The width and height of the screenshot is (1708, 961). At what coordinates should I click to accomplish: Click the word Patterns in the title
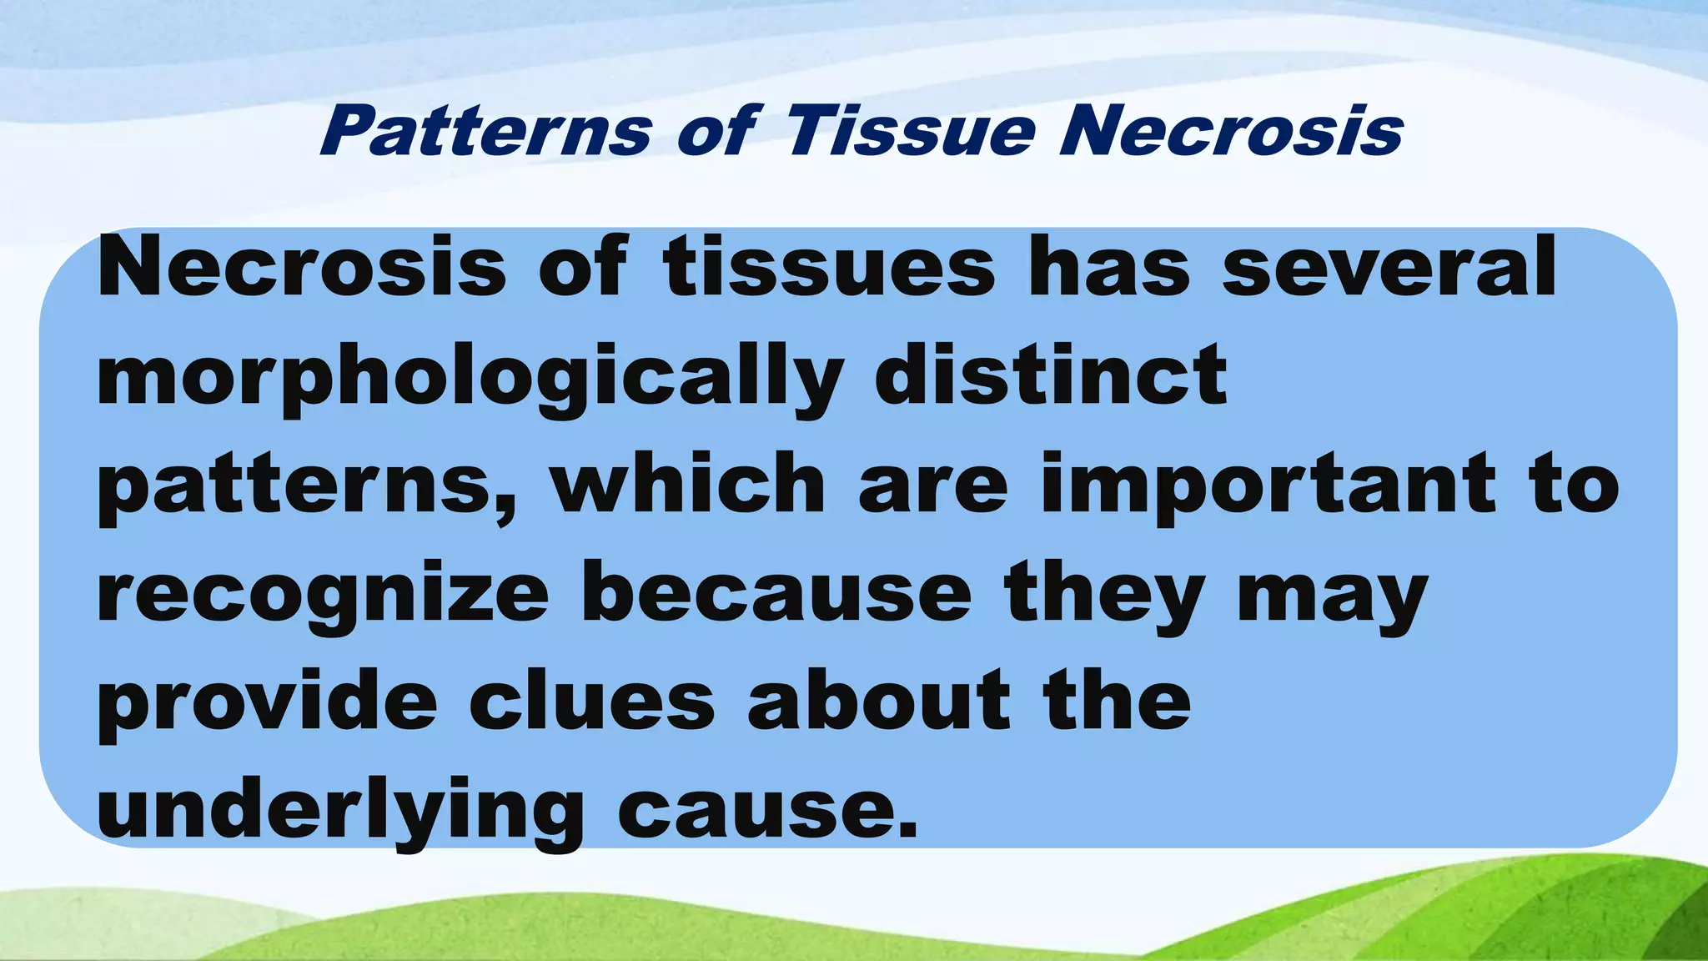coord(485,131)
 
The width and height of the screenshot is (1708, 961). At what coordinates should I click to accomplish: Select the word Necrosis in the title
coord(1231,131)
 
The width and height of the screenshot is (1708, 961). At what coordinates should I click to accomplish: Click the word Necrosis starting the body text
coord(302,267)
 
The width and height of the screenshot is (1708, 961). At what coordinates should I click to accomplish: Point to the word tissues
coord(829,267)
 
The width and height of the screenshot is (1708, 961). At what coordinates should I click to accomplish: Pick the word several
coord(1389,267)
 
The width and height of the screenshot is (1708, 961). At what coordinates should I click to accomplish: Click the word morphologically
coord(470,377)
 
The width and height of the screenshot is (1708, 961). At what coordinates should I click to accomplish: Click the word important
coord(1268,487)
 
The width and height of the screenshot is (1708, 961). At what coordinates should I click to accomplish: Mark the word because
coord(776,594)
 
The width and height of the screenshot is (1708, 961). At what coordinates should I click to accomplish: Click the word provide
coord(268,702)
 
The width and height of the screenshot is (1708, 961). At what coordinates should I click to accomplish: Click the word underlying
coord(340,811)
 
